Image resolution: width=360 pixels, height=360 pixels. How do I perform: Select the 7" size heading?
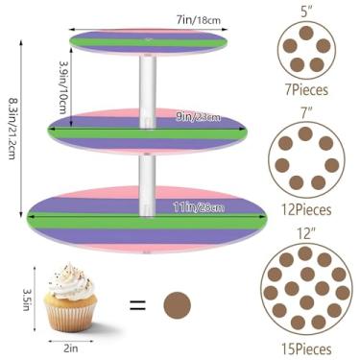(305, 114)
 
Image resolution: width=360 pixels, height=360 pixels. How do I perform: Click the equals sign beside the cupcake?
(137, 306)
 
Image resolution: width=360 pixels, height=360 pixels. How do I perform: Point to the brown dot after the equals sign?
(178, 306)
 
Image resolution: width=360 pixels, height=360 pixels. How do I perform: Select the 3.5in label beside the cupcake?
(27, 300)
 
